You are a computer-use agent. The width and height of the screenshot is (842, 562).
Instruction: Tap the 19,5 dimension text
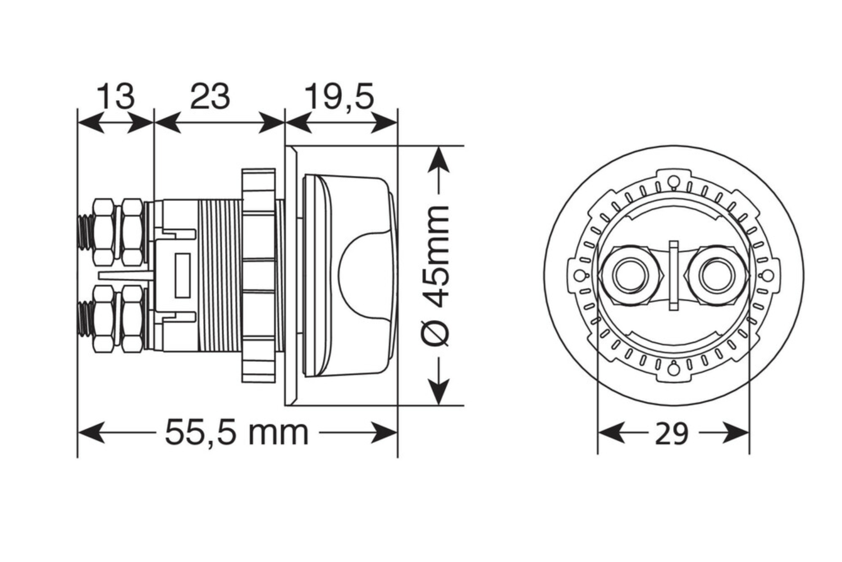[x=340, y=97]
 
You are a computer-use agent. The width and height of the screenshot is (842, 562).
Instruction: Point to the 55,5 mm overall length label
[x=237, y=433]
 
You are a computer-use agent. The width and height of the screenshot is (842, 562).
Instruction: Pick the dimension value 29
[x=672, y=434]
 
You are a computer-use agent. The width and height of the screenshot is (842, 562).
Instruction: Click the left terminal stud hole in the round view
[x=629, y=275]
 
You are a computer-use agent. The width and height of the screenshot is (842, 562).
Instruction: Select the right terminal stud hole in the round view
[x=717, y=275]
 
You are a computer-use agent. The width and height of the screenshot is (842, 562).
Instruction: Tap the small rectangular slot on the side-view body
[x=182, y=275]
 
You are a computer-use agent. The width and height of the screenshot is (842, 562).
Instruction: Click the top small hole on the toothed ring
[x=673, y=182]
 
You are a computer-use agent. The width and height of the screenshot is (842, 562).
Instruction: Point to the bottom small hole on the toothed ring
[x=673, y=370]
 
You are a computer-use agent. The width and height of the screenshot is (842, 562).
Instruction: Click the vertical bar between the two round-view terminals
[x=674, y=275]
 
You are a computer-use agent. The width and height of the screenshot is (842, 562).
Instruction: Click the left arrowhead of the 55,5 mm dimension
[x=91, y=433]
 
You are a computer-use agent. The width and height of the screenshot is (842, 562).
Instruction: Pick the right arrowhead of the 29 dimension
[x=736, y=433]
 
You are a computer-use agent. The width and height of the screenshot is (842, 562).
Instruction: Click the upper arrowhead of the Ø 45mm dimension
[x=438, y=160]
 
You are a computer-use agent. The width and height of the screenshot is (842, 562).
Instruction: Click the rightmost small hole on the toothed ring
[x=767, y=276]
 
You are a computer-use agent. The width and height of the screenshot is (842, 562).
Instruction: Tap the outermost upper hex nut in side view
[x=104, y=232]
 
